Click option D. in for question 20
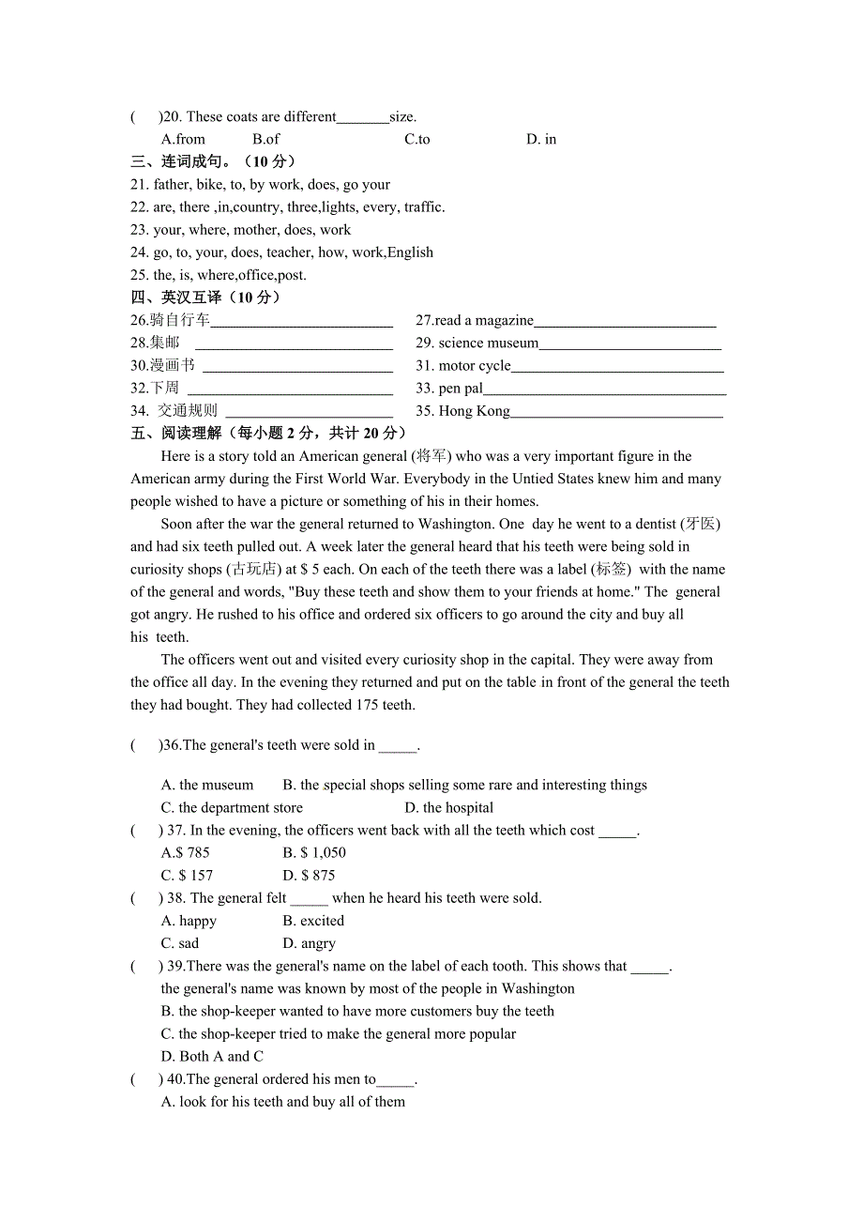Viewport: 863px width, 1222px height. pos(541,139)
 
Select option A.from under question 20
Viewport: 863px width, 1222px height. pos(183,139)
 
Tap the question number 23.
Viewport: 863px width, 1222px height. pos(140,230)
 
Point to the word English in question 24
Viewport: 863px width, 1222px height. pos(410,252)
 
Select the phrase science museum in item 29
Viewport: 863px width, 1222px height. pos(489,343)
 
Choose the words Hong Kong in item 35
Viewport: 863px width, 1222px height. pos(475,410)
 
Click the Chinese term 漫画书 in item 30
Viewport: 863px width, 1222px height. pos(173,365)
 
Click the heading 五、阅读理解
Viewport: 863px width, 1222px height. pos(177,433)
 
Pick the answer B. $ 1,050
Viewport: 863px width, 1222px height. pos(314,852)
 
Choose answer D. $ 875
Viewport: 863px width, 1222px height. pos(309,875)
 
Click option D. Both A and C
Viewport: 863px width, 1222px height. pos(212,1056)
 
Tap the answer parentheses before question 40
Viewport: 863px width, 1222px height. pos(146,1078)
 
